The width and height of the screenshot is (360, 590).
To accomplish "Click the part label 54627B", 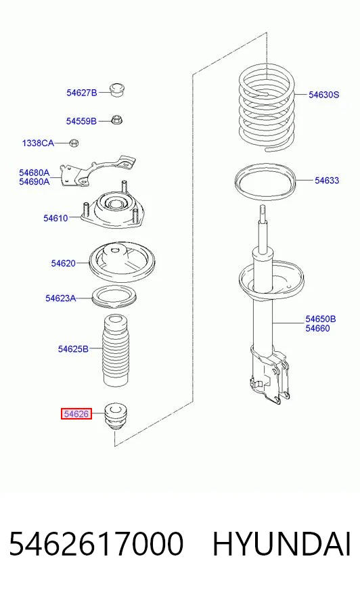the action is pos(82,93).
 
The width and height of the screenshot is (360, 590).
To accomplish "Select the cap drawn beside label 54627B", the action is pos(118,89).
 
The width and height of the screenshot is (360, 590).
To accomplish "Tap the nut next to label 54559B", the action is pos(117,120).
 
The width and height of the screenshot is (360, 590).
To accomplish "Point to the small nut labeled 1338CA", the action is pos(74,143).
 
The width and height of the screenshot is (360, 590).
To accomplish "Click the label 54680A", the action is pos(35,173).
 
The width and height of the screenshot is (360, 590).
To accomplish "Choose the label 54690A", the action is pos(35,182).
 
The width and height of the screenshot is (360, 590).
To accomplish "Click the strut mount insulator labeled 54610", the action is pos(113,210).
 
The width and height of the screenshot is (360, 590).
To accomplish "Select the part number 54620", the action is pos(63,263).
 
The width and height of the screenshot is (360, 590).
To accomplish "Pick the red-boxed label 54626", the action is pos(76,414).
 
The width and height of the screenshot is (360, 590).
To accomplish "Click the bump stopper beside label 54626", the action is pos(116,417).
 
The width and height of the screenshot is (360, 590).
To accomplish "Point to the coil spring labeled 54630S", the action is pos(267,107).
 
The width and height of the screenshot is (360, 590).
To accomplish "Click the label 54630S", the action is pos(324,95).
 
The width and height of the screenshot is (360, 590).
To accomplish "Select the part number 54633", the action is pos(327,181).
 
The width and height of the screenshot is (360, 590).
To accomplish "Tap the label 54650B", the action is pos(321,319).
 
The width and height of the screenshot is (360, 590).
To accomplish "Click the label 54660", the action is pos(317,328).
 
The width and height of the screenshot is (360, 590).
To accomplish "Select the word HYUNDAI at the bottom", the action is pos(282,544).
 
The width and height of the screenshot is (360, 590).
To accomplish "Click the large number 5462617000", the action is pos(96,544).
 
